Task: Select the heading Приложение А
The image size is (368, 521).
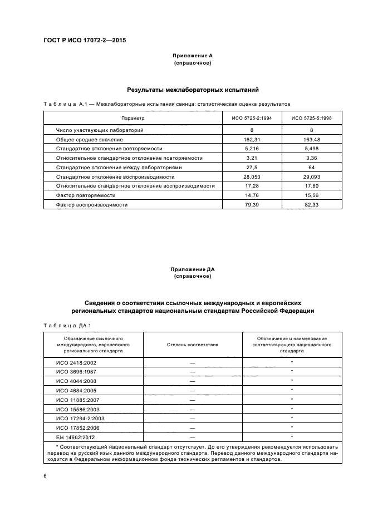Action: (x=193, y=56)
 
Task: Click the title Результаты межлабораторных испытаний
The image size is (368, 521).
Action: (x=193, y=90)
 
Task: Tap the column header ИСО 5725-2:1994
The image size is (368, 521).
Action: (x=248, y=118)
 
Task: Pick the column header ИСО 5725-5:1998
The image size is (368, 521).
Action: (x=311, y=118)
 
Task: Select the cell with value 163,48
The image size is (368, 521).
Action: (x=311, y=139)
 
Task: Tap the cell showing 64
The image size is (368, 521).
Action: (x=311, y=168)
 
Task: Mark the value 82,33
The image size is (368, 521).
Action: (x=311, y=205)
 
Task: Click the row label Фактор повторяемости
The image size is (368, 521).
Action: (x=86, y=195)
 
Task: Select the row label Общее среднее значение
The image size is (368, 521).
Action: (x=89, y=139)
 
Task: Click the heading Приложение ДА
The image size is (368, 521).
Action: (x=193, y=269)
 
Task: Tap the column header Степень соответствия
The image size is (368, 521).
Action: (x=193, y=345)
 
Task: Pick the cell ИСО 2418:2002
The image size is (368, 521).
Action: (x=77, y=362)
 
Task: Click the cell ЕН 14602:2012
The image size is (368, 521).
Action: (x=76, y=437)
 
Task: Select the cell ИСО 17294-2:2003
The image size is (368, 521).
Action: (x=80, y=418)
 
